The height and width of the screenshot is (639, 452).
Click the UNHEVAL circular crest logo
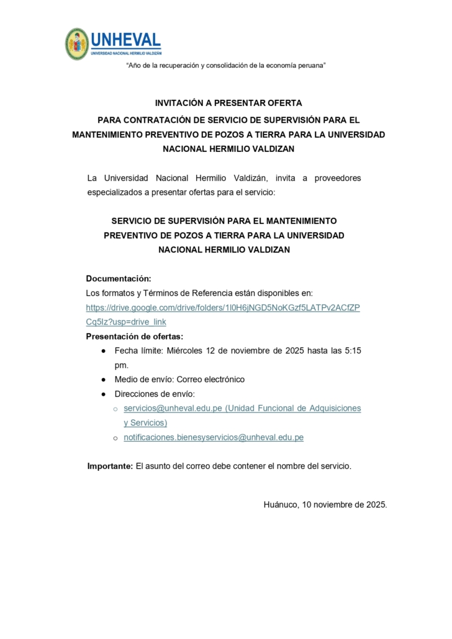[x=77, y=44]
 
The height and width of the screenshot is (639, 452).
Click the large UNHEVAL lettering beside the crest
[x=125, y=40]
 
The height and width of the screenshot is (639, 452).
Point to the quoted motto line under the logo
[x=226, y=66]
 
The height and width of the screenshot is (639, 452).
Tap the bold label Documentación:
[x=119, y=279]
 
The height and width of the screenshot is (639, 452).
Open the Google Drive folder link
[x=223, y=308]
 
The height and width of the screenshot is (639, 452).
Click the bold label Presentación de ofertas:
[x=135, y=337]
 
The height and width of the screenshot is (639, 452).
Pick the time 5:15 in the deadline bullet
[x=351, y=351]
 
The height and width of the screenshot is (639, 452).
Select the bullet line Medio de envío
[x=179, y=379]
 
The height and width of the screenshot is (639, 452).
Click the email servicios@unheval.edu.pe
[x=172, y=408]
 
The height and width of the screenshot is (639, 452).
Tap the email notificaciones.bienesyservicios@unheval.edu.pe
[x=214, y=437]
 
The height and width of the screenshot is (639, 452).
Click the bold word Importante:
[x=110, y=466]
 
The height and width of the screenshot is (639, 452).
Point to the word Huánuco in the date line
[x=281, y=504]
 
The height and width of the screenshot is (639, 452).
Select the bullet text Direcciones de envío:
[x=155, y=394]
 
